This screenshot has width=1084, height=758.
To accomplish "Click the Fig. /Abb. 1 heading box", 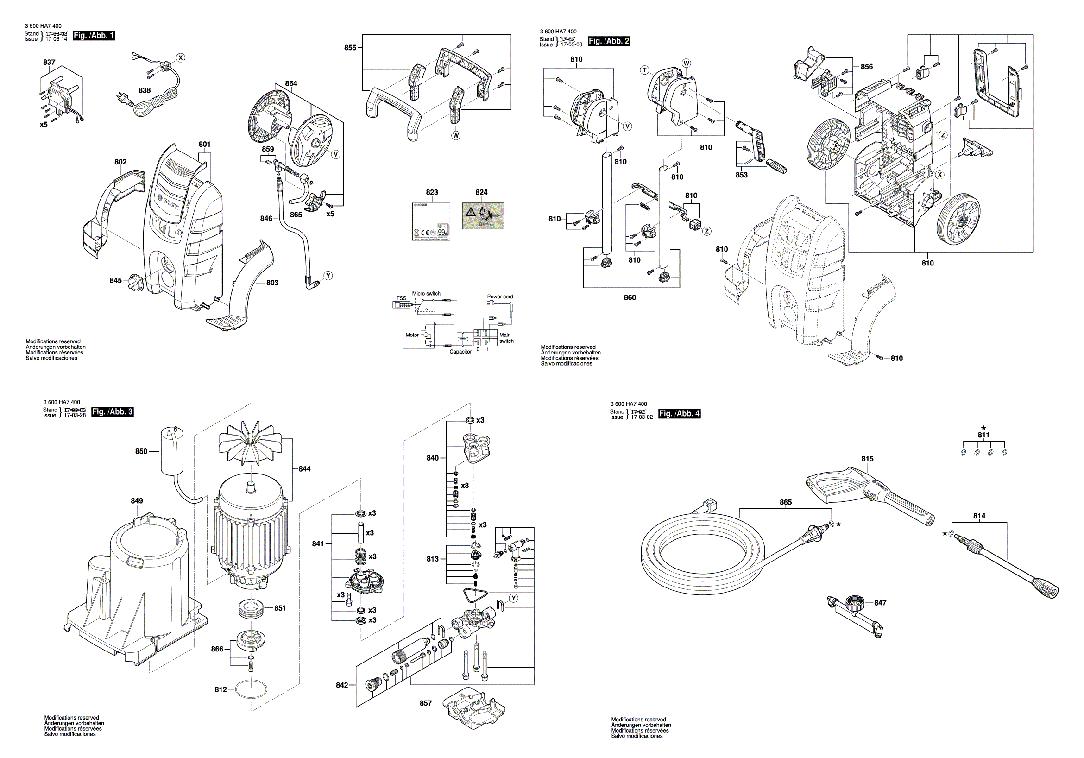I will point(94,35).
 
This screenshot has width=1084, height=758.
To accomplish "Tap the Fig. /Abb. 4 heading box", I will point(679,413).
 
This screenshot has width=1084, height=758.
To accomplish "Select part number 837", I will point(49,62).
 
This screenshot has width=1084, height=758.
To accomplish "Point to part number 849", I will point(137,500).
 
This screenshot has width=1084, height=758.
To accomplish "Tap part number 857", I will point(425,703).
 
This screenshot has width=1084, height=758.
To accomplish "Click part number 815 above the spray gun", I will point(867,459).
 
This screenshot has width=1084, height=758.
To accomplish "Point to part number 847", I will point(880,603).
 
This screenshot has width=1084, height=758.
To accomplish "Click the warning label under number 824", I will point(483,216).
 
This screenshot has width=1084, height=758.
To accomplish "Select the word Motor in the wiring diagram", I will point(412,335).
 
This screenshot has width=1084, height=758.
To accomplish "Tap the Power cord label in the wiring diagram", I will point(500,297).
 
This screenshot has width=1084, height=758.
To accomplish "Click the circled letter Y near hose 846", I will point(328,276).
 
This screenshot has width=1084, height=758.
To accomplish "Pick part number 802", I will point(120,162).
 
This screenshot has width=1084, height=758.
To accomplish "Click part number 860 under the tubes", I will point(630,297).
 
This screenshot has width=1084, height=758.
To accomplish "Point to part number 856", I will point(866,67).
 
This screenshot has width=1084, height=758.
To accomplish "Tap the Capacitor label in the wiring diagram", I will point(460,351).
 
